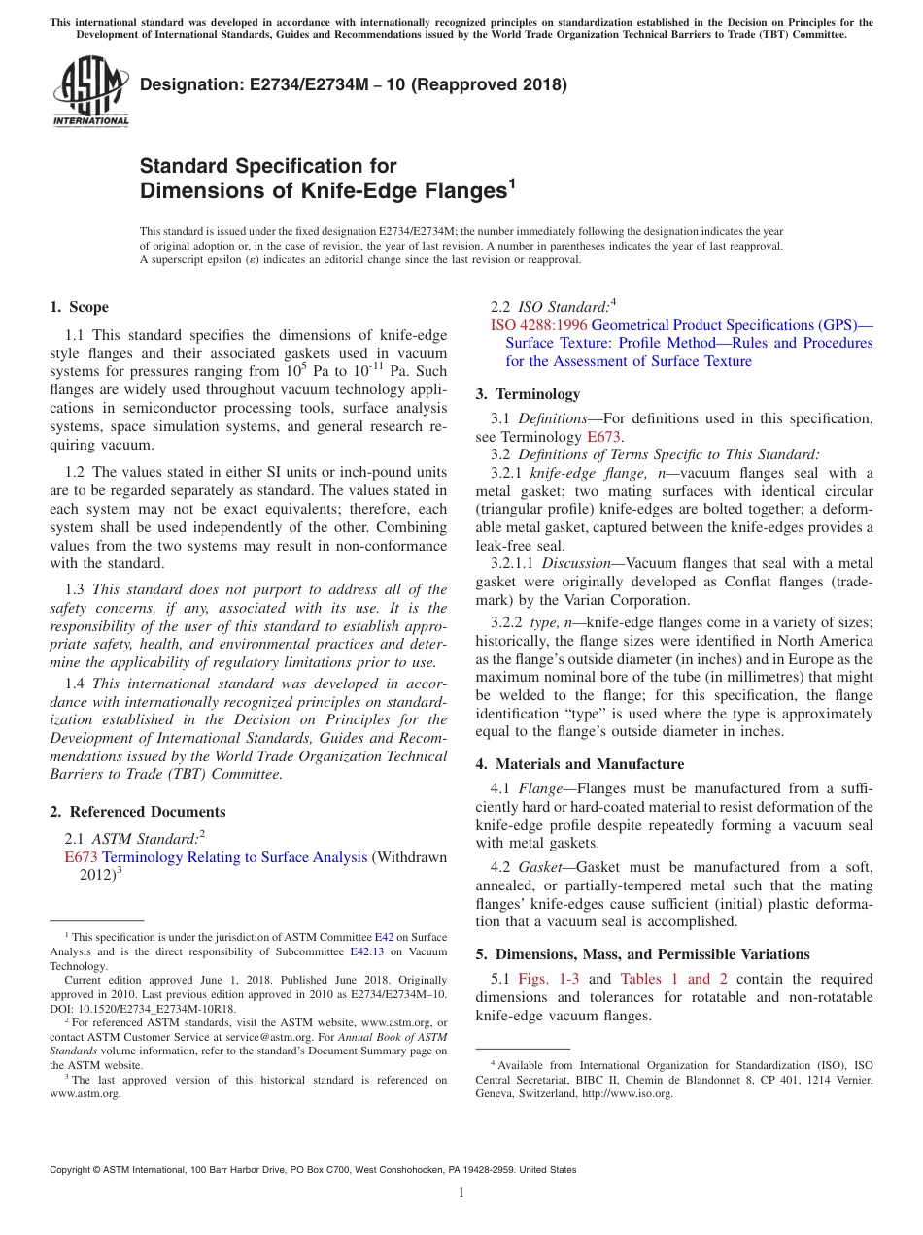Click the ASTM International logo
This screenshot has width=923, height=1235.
click(90, 91)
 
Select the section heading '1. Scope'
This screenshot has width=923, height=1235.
click(79, 307)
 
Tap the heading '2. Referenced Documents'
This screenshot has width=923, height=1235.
click(137, 812)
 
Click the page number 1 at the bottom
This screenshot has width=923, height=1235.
click(461, 1192)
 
